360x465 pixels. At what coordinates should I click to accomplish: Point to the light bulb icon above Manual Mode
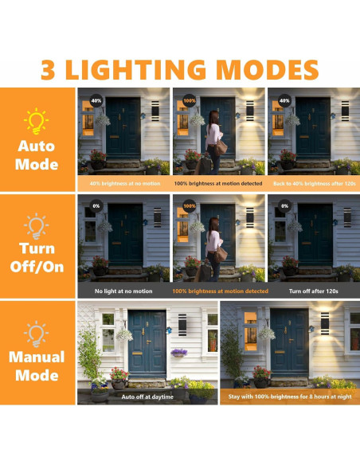(37, 331)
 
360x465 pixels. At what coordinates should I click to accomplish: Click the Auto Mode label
(37, 156)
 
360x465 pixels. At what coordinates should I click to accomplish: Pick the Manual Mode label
(37, 365)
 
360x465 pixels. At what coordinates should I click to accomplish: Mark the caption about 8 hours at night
(288, 396)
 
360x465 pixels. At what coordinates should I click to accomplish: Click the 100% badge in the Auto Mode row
(190, 101)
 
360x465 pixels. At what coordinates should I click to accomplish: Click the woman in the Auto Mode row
(215, 139)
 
